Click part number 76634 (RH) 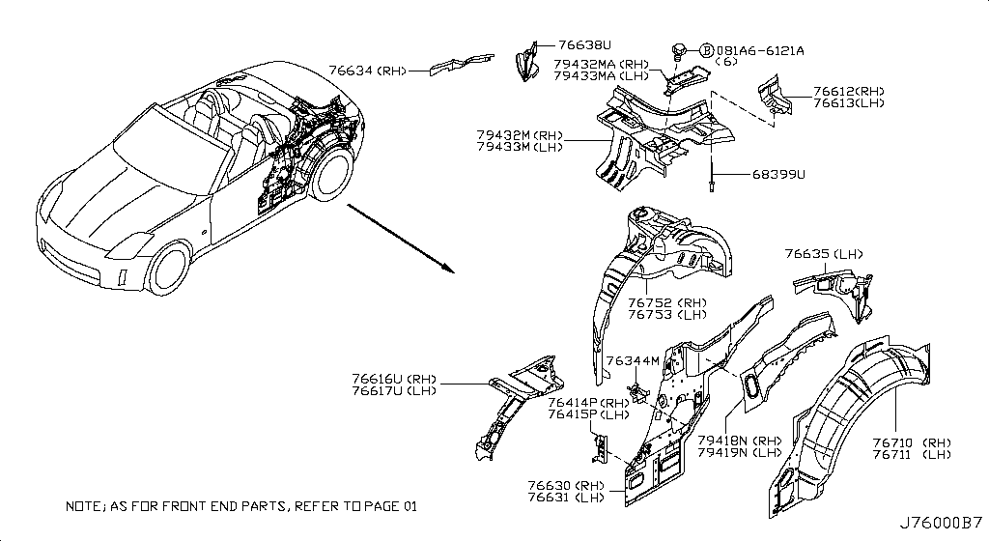367,70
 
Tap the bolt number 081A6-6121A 760,50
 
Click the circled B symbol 706,50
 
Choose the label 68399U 778,175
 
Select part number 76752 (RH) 667,301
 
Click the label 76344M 633,361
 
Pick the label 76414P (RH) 588,403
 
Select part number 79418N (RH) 739,440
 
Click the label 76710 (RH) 911,442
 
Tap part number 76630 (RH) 566,485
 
